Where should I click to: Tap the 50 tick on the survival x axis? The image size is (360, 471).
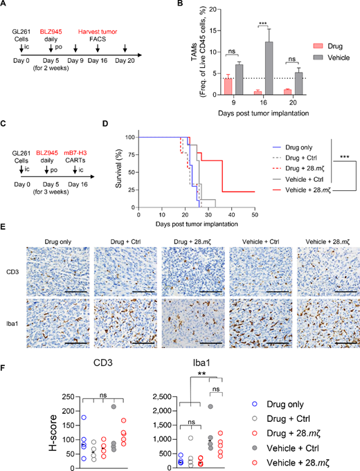coord(254,215)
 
